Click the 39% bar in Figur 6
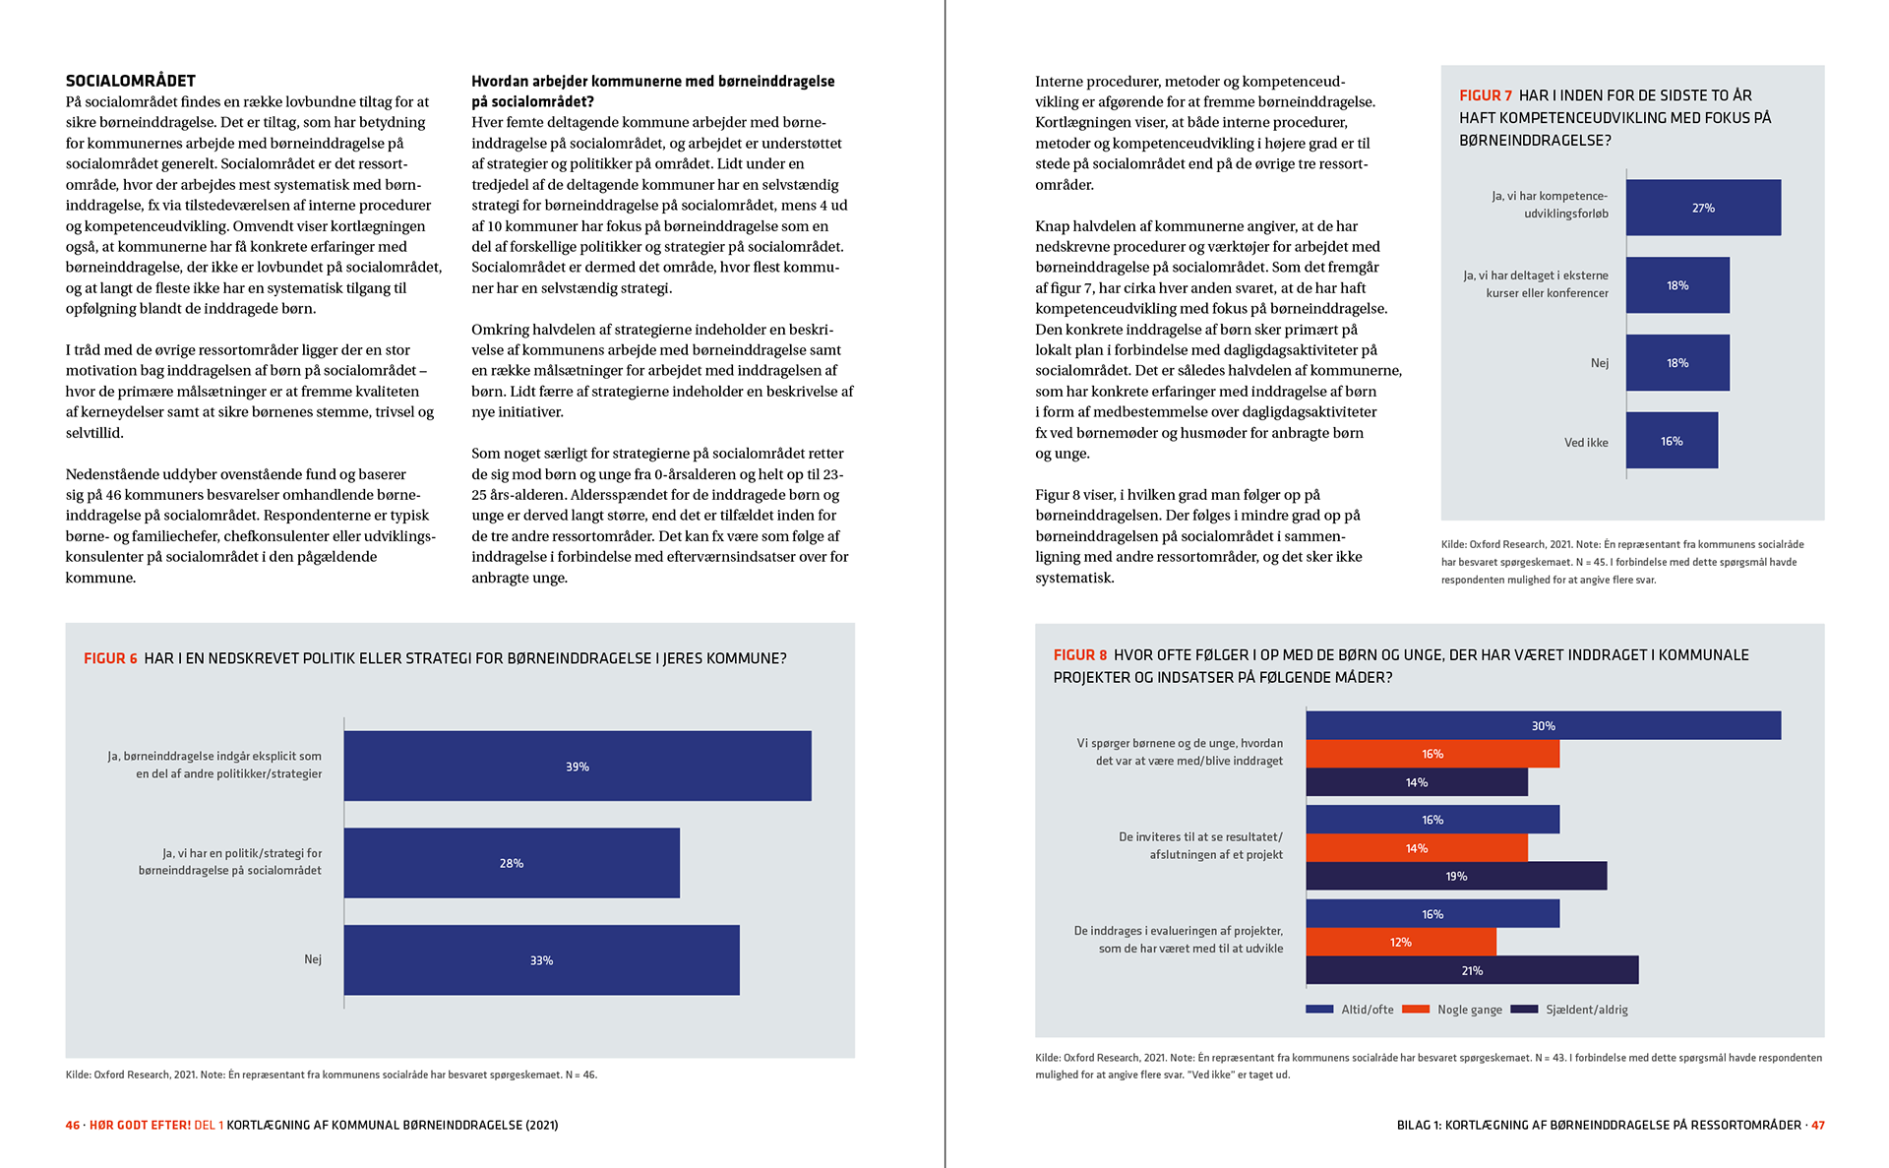(x=578, y=766)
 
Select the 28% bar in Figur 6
(x=512, y=863)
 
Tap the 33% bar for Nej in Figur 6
(x=541, y=959)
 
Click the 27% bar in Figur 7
(x=1703, y=208)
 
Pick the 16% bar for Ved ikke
(x=1672, y=441)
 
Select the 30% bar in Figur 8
(x=1543, y=725)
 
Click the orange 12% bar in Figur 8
(x=1401, y=942)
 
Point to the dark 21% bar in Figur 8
(x=1472, y=970)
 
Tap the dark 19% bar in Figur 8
(x=1456, y=876)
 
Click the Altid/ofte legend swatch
(x=1319, y=1009)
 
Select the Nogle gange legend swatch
(x=1416, y=1009)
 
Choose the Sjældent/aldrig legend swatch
(x=1524, y=1009)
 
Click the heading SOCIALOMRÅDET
(x=131, y=81)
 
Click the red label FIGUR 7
(x=1486, y=95)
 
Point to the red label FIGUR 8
(x=1079, y=654)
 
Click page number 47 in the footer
(x=1817, y=1125)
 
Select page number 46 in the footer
(x=73, y=1125)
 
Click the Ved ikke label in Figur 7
(x=1586, y=442)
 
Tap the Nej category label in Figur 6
(x=313, y=959)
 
